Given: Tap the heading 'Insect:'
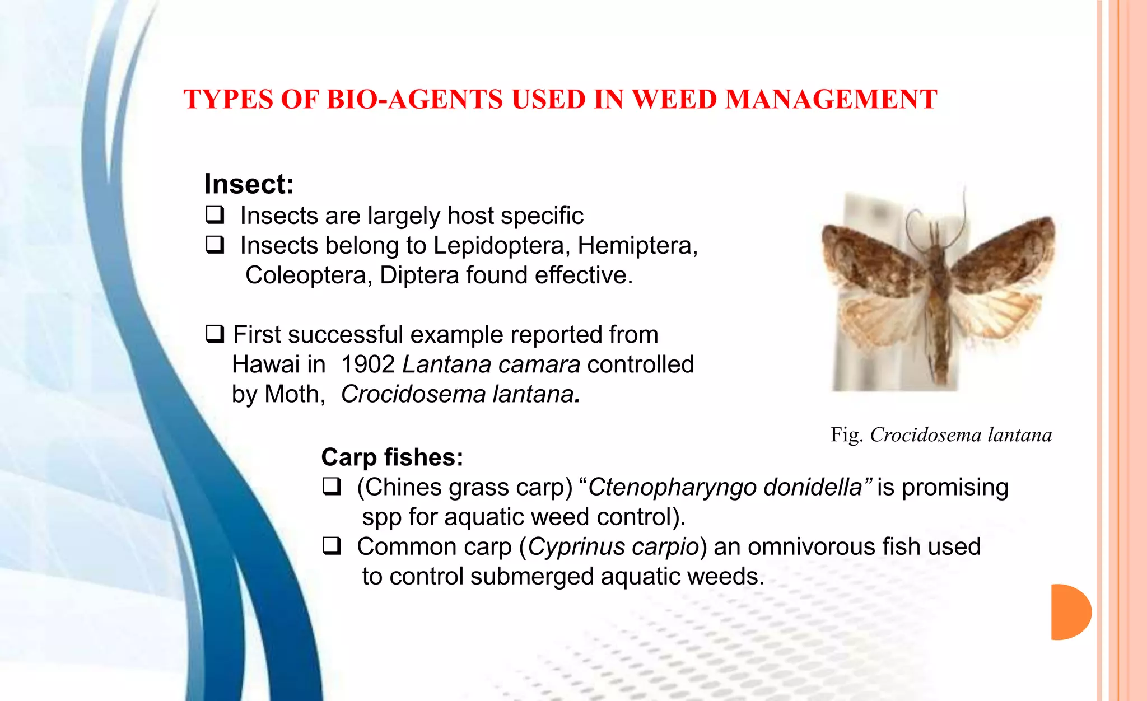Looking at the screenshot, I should click(249, 184).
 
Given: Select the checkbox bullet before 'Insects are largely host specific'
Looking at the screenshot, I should click(215, 214).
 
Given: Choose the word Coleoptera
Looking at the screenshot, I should click(308, 275).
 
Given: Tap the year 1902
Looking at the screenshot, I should click(367, 364).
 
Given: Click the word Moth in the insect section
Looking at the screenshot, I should click(293, 394).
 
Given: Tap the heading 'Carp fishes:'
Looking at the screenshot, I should click(392, 457).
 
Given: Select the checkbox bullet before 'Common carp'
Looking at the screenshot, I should click(332, 545).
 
